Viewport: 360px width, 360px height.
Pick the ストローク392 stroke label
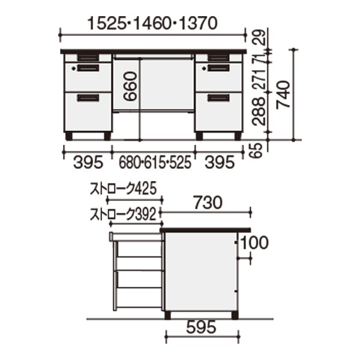click(124, 212)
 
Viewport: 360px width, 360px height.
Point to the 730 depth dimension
click(208, 203)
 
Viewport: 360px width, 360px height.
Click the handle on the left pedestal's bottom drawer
click(88, 97)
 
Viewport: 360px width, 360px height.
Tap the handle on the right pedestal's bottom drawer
click(218, 97)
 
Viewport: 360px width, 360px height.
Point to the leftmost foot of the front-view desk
click(69, 136)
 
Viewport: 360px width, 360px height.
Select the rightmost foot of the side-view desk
click(235, 315)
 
